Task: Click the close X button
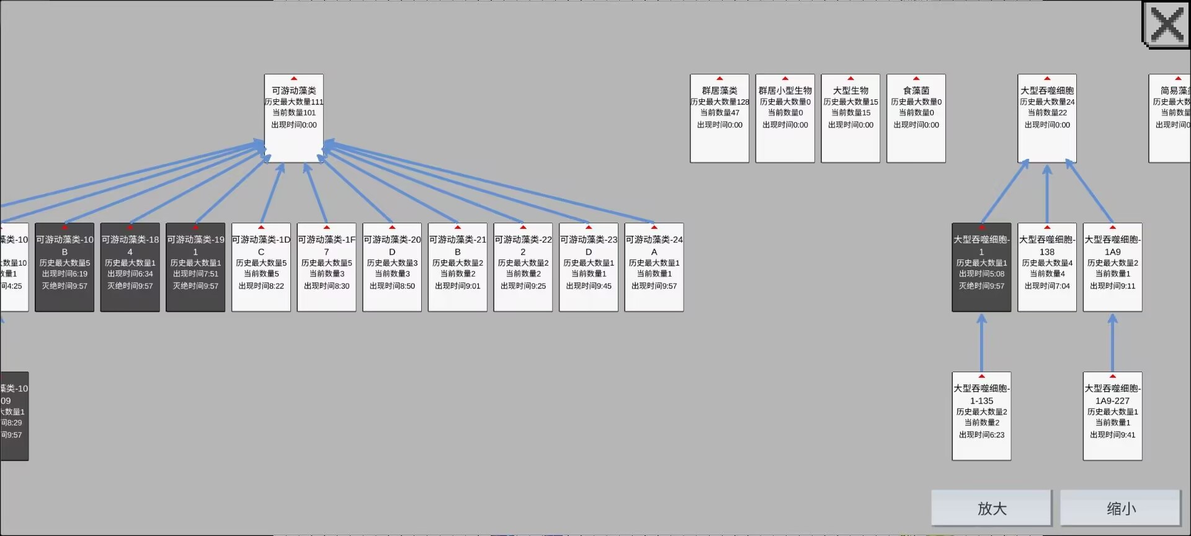[x=1166, y=25]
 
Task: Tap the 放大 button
[x=991, y=509]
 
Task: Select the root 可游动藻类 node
[x=294, y=118]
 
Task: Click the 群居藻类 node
[x=720, y=118]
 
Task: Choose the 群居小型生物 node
[x=785, y=118]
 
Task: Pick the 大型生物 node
[x=850, y=118]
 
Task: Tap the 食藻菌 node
[x=916, y=118]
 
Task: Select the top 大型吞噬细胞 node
[x=1047, y=118]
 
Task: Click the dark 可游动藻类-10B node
[x=65, y=267]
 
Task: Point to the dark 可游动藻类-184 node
[x=130, y=267]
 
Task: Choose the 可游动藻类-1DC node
[x=261, y=267]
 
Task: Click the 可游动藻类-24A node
[x=654, y=267]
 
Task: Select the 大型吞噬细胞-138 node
[x=1047, y=267]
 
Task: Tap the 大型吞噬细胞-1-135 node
[x=981, y=416]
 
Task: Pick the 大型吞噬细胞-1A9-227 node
[x=1112, y=416]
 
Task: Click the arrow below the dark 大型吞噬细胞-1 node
[x=981, y=342]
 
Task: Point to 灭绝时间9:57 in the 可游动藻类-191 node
[x=195, y=286]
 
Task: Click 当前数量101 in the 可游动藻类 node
[x=294, y=113]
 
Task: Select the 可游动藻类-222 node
[x=523, y=267]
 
